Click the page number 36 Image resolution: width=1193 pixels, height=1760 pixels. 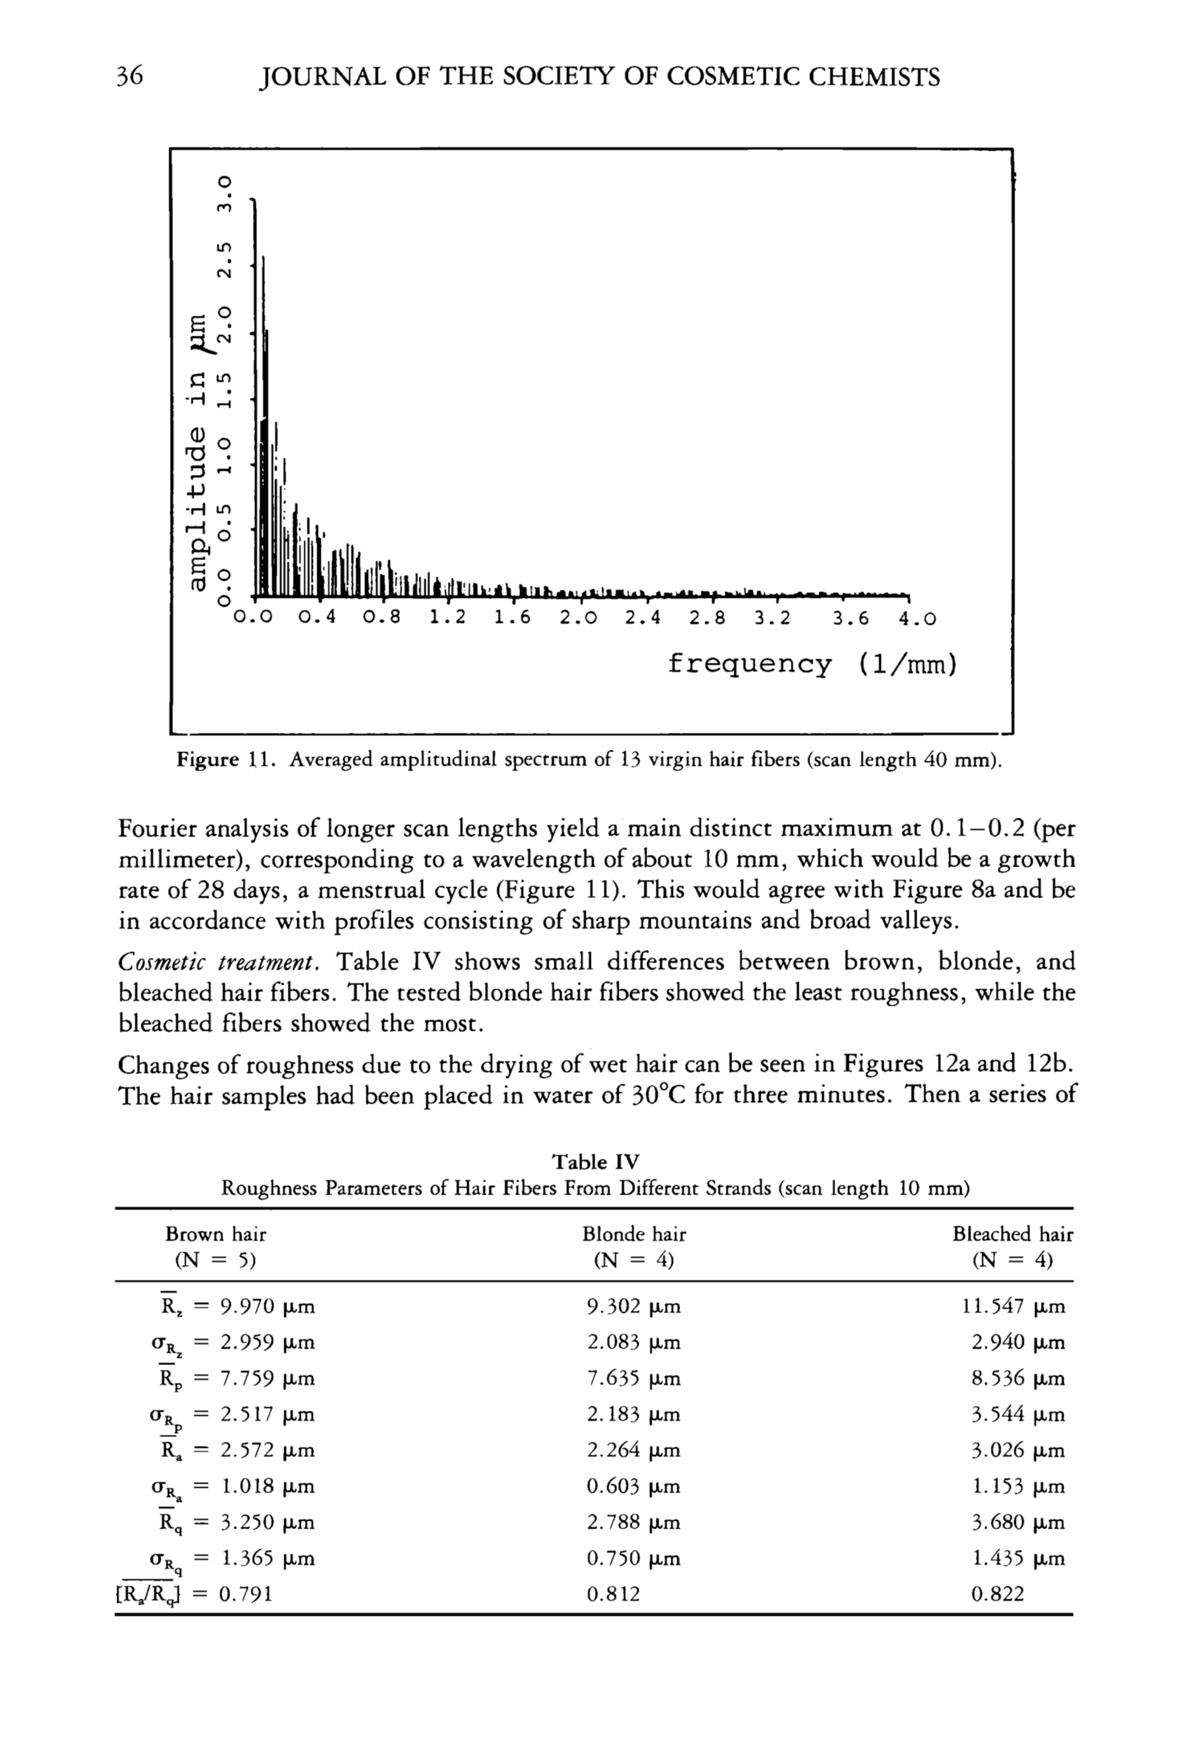129,76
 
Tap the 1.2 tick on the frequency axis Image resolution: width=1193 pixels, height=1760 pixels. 447,618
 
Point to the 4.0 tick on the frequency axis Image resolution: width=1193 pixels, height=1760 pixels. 917,618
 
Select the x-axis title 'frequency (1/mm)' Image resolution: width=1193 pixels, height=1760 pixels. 812,664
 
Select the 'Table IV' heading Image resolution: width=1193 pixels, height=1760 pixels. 595,1161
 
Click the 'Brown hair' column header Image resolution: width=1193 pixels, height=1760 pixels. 216,1234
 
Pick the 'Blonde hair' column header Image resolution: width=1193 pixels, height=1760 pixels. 633,1234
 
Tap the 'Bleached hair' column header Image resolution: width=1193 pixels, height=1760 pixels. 1012,1234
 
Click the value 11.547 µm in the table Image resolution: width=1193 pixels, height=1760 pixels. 1013,1306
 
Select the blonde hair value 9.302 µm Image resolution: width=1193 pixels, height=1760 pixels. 633,1306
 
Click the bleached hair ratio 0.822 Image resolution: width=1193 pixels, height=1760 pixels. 997,1594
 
